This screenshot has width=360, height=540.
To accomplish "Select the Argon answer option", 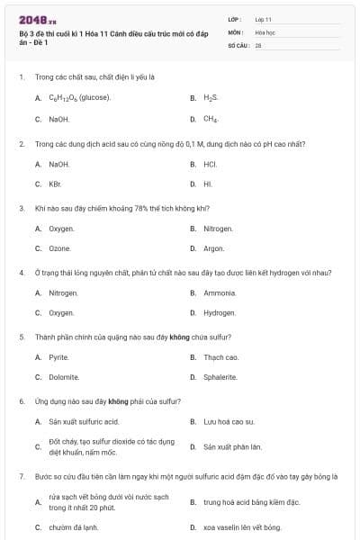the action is [x=214, y=248].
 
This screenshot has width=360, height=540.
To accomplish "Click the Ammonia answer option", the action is [x=220, y=292].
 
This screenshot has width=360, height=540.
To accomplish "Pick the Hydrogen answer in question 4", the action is [x=220, y=313].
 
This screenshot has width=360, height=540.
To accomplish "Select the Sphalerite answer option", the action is [x=220, y=378].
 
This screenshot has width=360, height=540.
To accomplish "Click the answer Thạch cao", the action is [x=221, y=357].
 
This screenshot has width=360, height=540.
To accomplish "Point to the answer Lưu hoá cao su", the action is [x=229, y=421].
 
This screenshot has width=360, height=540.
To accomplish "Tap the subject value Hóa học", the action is [x=265, y=31].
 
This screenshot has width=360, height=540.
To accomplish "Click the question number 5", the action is [x=21, y=337].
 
